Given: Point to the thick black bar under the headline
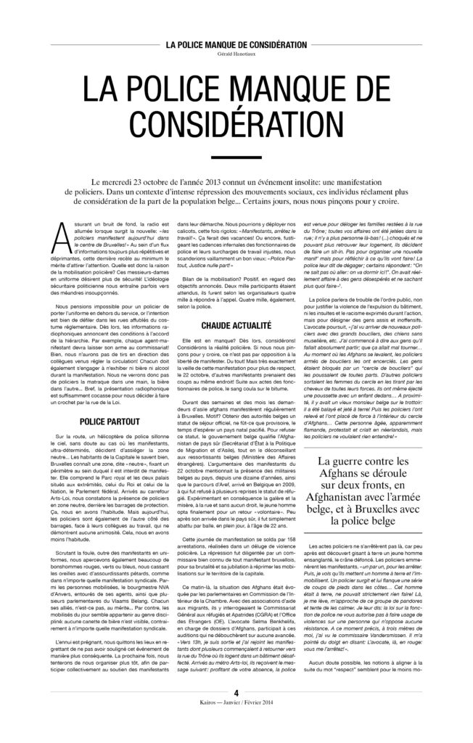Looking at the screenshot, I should point(236,157).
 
